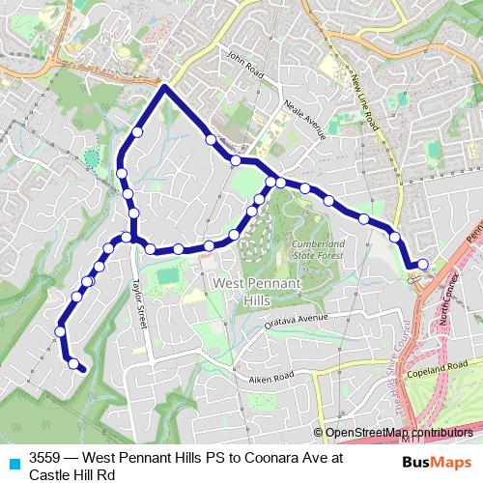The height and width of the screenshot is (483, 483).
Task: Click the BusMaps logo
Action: point(438,462)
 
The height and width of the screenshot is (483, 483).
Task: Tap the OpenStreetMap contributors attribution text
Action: point(399,433)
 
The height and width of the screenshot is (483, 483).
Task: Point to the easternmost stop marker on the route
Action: point(422,263)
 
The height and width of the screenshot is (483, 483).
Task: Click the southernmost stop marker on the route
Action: point(72,363)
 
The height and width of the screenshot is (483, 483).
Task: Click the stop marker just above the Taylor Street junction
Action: point(133,213)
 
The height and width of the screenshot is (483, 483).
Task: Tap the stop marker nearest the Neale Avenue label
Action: point(235,160)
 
